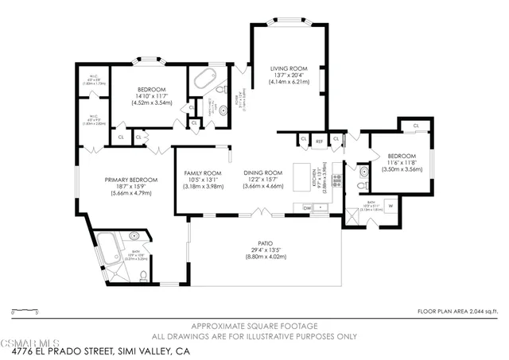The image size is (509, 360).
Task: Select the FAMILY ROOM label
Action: pyautogui.click(x=202, y=172)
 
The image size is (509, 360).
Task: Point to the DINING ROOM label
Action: pyautogui.click(x=262, y=172)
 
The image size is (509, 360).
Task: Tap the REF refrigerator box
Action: pyautogui.click(x=320, y=141)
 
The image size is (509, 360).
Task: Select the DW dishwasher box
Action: pyautogui.click(x=306, y=207)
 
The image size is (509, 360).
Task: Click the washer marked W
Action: pyautogui.click(x=390, y=207)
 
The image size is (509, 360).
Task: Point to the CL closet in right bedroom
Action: pyautogui.click(x=415, y=126)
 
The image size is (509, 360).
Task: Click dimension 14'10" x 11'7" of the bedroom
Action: pyautogui.click(x=151, y=96)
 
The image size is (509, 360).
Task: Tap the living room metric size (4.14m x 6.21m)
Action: pyautogui.click(x=286, y=82)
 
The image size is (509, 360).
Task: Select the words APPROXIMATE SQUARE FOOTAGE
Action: pyautogui.click(x=253, y=327)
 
